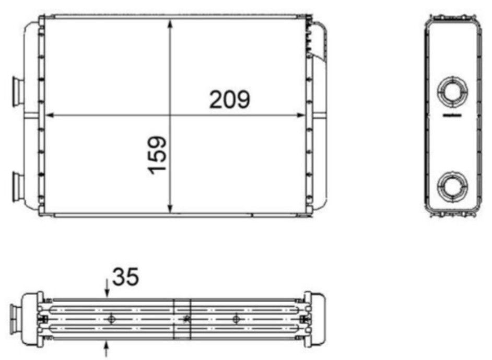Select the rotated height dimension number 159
pos(157,155)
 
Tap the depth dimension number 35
pos(125,277)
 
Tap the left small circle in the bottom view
pos(110,318)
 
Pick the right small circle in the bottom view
pos(236,318)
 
